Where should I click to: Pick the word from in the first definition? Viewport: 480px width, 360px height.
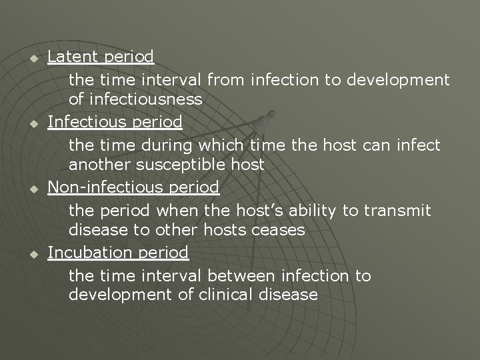pos(227,80)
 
